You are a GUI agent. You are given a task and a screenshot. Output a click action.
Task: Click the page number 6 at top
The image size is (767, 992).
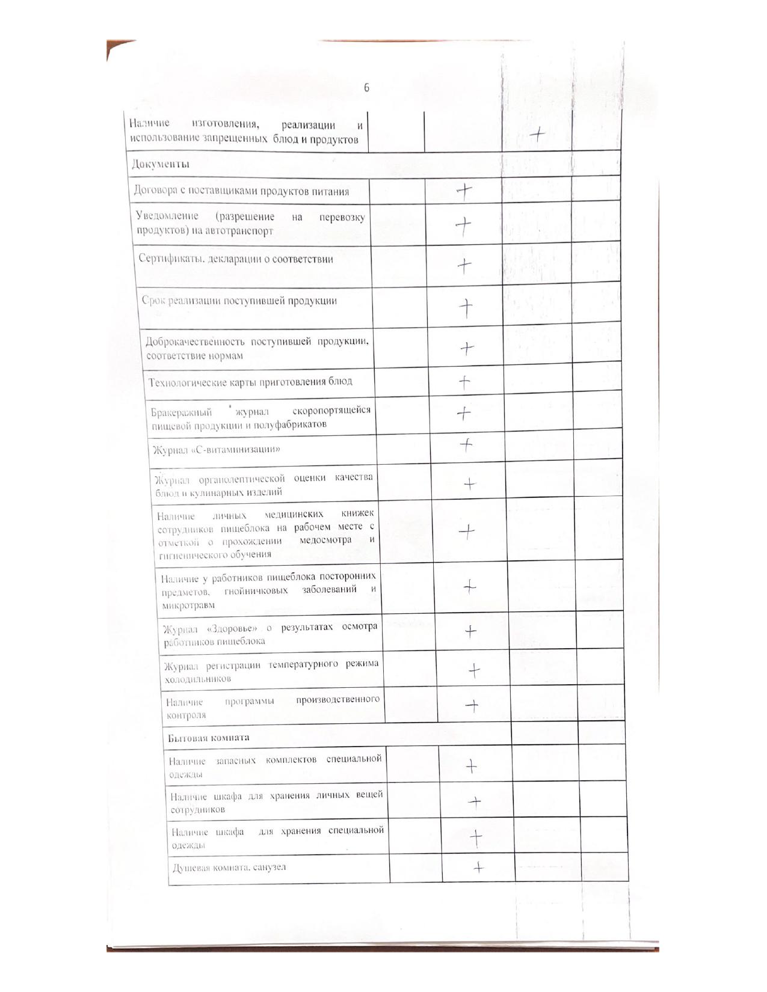pyautogui.click(x=366, y=88)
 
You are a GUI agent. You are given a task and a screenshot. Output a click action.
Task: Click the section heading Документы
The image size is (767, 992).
pyautogui.click(x=161, y=164)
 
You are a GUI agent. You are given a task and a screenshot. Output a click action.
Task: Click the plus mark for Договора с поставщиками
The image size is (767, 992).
pyautogui.click(x=464, y=191)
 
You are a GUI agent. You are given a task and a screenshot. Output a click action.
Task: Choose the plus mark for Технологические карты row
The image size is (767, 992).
pyautogui.click(x=464, y=382)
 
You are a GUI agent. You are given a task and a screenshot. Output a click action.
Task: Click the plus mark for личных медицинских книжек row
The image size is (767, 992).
pyautogui.click(x=467, y=531)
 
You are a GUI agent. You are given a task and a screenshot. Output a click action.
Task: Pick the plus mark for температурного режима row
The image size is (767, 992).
pyautogui.click(x=474, y=669)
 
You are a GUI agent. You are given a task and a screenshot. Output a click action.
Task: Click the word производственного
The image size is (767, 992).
pyautogui.click(x=337, y=700)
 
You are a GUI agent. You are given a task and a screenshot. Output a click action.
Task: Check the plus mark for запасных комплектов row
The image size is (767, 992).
pyautogui.click(x=472, y=766)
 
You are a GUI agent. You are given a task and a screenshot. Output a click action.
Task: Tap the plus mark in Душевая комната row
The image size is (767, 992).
pyautogui.click(x=478, y=867)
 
